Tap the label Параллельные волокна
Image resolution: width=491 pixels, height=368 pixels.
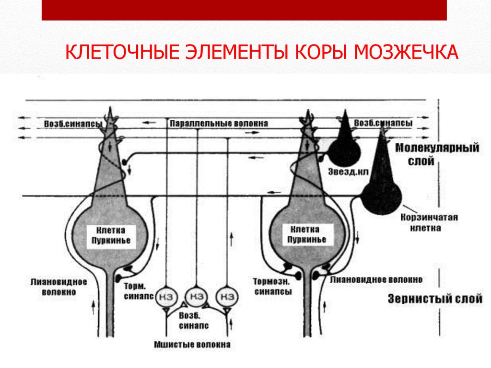218,123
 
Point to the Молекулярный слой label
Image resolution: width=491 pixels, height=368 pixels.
437,155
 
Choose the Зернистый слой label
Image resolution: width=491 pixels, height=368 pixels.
434,299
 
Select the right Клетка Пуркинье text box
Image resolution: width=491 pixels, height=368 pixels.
307,235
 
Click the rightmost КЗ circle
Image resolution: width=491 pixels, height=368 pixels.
226,297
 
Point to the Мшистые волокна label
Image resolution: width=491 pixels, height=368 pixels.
192,344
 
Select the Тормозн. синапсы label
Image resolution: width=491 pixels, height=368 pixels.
273,286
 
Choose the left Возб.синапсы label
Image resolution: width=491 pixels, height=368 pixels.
73,124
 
